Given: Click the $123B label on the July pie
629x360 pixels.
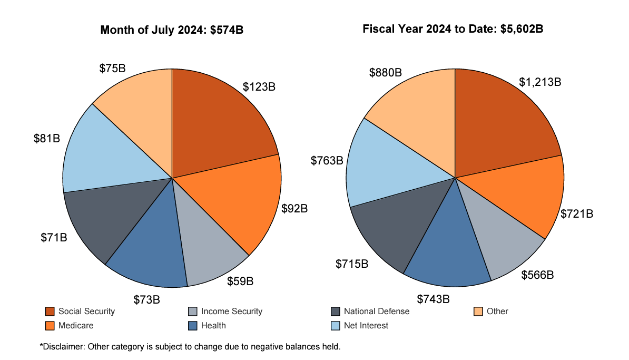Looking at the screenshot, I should click(x=259, y=86).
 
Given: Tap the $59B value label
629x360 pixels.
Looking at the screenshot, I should click(x=240, y=281).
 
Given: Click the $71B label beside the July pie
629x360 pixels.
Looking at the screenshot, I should click(x=54, y=237).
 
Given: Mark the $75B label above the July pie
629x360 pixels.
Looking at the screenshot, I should click(x=112, y=69).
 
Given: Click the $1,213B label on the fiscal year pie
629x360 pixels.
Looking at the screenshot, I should click(x=540, y=82).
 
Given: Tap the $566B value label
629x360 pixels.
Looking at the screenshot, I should click(x=537, y=275).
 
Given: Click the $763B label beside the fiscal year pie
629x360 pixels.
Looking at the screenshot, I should click(x=327, y=160).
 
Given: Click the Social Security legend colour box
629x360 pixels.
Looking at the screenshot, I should click(x=50, y=312).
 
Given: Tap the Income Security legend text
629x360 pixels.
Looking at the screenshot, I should click(x=231, y=312).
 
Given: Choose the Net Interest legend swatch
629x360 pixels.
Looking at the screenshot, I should click(x=336, y=326).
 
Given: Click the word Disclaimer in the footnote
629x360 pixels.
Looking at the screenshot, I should click(x=62, y=347).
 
